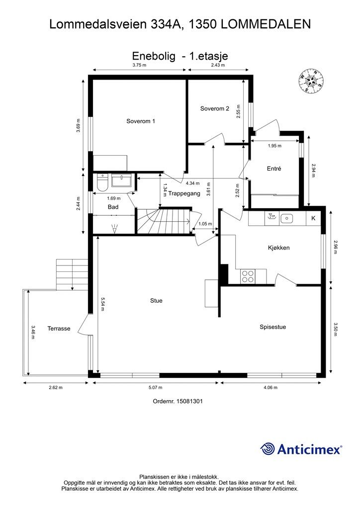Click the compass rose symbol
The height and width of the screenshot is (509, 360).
[x=311, y=81]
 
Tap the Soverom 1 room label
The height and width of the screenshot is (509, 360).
[x=141, y=121]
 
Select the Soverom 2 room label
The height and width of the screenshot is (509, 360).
[x=215, y=108]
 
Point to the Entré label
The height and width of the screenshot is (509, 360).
[x=274, y=169]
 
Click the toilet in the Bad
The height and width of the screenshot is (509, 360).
[x=102, y=182]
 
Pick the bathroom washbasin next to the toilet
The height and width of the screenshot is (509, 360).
[x=122, y=180]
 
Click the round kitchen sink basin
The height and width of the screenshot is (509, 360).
[x=286, y=219]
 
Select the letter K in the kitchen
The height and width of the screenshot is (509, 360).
[x=313, y=218]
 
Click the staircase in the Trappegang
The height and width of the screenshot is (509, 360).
[x=163, y=221]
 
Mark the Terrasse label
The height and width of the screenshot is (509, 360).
[x=59, y=329]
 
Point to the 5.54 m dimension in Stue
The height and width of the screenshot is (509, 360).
[x=102, y=304]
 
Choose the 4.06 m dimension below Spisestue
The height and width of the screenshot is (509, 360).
[x=270, y=387]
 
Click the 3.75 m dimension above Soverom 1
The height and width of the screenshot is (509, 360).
[x=139, y=65]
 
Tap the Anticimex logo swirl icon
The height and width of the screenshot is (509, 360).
[x=267, y=449]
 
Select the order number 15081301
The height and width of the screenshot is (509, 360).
[x=189, y=401]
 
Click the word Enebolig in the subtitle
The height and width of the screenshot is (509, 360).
[x=154, y=56]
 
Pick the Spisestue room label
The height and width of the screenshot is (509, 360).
[x=272, y=327]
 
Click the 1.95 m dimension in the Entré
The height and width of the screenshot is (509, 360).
[x=274, y=146]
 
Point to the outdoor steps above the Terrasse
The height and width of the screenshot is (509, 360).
[x=72, y=274]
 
